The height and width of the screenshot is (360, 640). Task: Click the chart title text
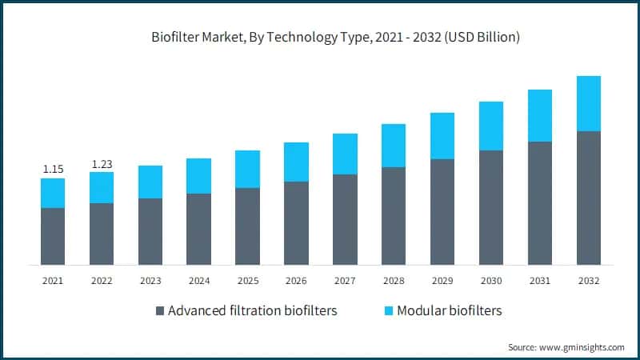point(336,38)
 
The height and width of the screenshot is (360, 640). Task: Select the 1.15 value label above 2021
point(53,169)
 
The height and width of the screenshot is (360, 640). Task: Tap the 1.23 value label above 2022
point(102,164)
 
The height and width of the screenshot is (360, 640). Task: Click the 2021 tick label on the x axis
point(53,281)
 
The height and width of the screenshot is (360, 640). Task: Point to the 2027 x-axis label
point(345,281)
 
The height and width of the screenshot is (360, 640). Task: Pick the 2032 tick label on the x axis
point(588,281)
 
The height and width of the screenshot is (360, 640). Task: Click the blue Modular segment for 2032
point(589,103)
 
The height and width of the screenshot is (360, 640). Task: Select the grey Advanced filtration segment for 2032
point(589,198)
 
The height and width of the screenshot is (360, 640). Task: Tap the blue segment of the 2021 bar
point(53,193)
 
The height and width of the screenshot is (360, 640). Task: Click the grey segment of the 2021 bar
point(53,236)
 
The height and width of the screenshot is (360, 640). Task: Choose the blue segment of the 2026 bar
point(296,162)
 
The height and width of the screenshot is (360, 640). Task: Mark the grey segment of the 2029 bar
point(442,211)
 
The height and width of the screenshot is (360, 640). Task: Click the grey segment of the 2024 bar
point(199,229)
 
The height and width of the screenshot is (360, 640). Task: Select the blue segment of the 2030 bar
point(491,126)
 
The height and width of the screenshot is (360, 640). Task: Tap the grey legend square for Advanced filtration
point(158,310)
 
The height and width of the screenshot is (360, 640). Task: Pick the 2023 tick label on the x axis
point(150,281)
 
